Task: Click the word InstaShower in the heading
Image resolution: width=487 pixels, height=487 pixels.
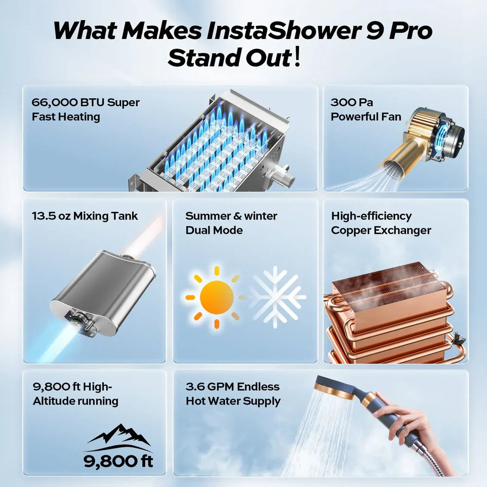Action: (281, 31)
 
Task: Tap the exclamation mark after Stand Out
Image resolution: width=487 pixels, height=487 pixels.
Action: (298, 57)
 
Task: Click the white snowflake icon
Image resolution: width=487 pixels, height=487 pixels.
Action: (276, 297)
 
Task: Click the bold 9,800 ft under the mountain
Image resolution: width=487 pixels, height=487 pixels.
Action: (118, 461)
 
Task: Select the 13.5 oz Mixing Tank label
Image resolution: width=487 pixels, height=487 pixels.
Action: (85, 216)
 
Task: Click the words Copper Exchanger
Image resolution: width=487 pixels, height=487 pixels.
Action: (381, 230)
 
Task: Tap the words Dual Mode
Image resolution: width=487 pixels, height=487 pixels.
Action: (214, 230)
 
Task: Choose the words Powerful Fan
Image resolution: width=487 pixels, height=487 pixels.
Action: (366, 116)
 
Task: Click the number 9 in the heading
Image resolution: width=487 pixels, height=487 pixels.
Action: (372, 31)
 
